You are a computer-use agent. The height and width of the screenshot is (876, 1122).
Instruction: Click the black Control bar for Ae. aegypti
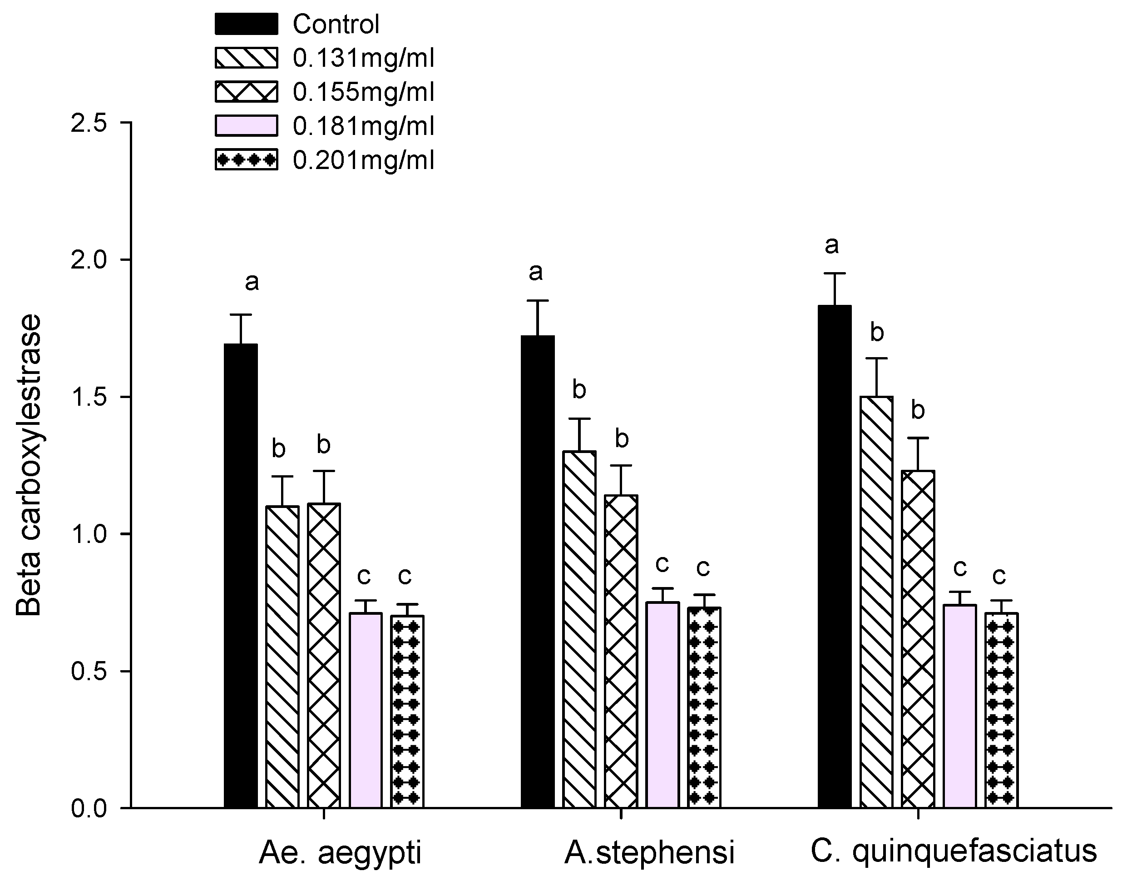click(x=241, y=576)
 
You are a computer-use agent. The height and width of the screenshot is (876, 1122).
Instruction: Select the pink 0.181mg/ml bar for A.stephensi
click(x=663, y=704)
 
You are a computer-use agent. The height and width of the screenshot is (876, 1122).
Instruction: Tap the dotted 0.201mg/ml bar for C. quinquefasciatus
click(x=1001, y=709)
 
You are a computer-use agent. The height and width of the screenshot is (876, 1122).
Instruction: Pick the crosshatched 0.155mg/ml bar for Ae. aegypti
click(x=324, y=656)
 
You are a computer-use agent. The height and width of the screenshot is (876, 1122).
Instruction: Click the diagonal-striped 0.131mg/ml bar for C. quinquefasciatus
click(x=876, y=602)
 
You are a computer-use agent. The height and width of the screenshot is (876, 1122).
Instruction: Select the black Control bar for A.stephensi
click(x=538, y=571)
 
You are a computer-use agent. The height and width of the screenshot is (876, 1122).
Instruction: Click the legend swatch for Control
click(x=246, y=24)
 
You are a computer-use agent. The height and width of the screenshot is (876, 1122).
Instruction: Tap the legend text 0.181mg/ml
click(x=363, y=126)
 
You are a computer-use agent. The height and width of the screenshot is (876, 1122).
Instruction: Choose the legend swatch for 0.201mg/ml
click(x=246, y=160)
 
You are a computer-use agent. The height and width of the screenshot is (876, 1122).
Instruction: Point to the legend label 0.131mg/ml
click(x=363, y=58)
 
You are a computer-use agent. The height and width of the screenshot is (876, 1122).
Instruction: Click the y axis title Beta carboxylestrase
click(x=28, y=465)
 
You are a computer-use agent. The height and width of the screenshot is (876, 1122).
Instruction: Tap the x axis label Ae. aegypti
click(x=340, y=852)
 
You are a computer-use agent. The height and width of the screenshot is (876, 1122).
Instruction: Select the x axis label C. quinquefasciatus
click(x=954, y=851)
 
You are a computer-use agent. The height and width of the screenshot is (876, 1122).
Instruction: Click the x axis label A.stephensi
click(x=649, y=852)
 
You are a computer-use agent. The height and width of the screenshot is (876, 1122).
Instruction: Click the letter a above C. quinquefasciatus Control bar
click(x=832, y=245)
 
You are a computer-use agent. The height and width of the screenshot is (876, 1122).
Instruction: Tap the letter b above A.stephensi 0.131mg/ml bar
click(x=579, y=390)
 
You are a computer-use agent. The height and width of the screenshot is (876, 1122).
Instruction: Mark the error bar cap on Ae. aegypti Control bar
click(x=241, y=314)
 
